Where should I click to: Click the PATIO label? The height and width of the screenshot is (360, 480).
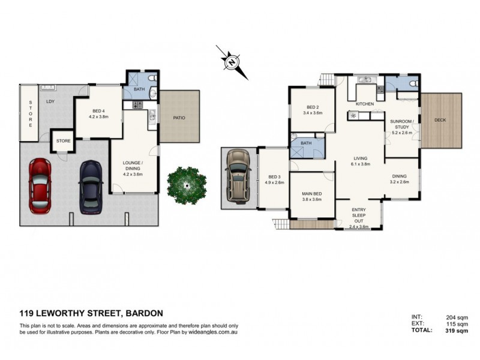(179, 118)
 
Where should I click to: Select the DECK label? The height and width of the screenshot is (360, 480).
(440, 120)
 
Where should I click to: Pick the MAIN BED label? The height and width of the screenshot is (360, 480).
(313, 193)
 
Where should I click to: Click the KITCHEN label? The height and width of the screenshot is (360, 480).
(365, 104)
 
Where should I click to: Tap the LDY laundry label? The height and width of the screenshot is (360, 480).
(50, 101)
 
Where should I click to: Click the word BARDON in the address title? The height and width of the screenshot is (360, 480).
(144, 313)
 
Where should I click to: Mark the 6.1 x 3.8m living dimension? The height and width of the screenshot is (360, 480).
(360, 165)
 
